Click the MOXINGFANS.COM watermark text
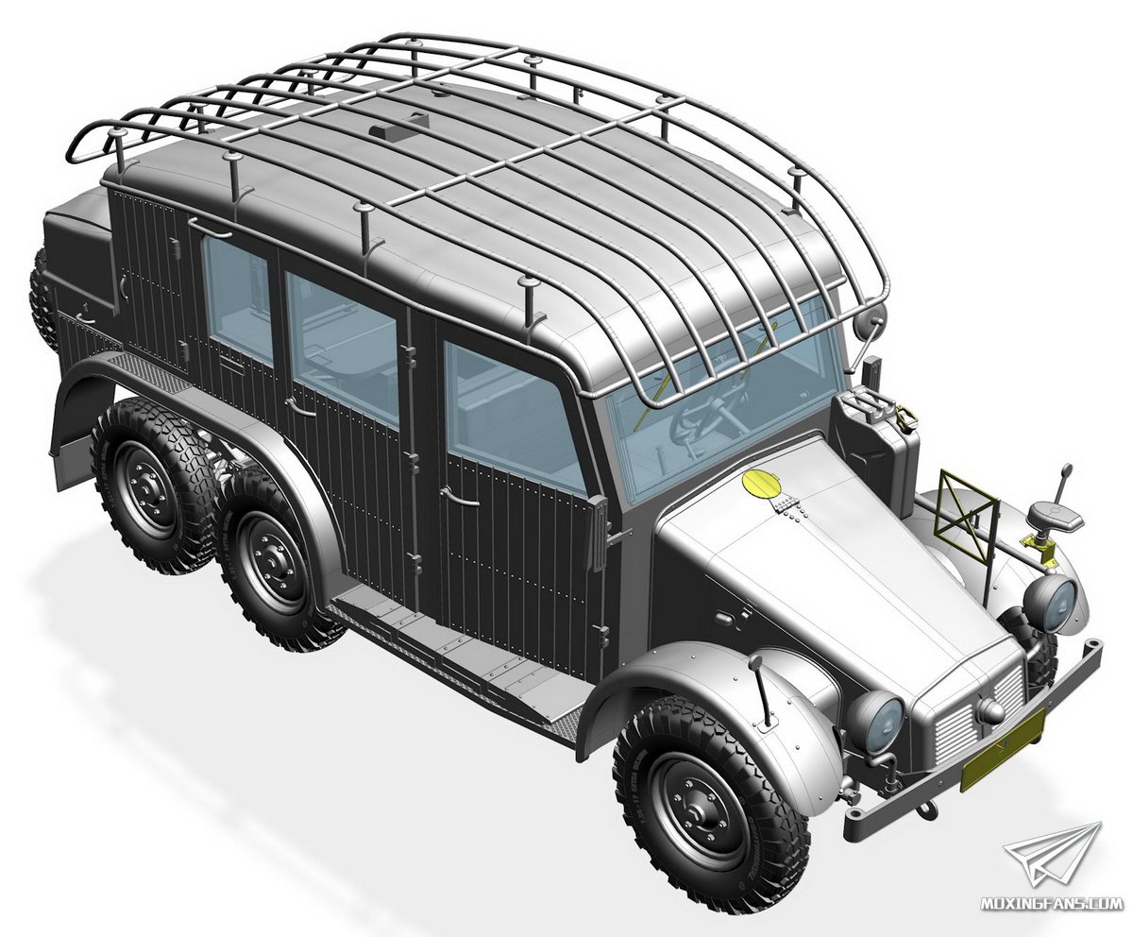[x=1051, y=903]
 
